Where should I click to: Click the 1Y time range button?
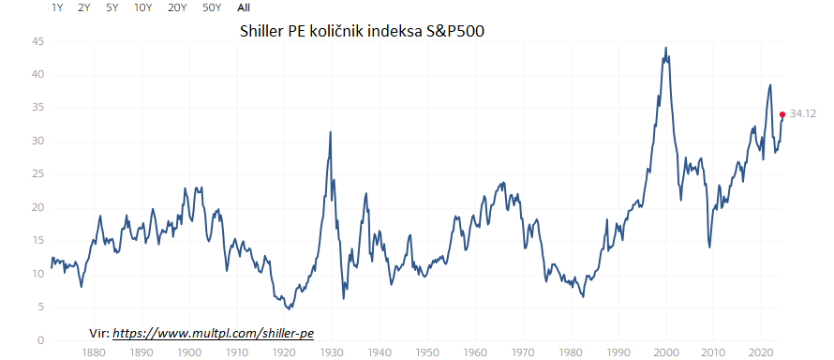(x=57, y=7)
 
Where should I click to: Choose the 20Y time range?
(x=176, y=7)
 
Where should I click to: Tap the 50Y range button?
(x=211, y=7)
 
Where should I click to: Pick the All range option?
(x=243, y=7)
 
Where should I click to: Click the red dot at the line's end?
(x=782, y=114)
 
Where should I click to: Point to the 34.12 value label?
(x=803, y=113)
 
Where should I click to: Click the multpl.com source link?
(x=213, y=332)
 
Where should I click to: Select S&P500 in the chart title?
(x=454, y=32)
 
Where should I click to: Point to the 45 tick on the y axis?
(x=38, y=41)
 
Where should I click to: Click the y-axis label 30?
(x=38, y=142)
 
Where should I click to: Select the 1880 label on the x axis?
(x=93, y=353)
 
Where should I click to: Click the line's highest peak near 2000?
(x=665, y=48)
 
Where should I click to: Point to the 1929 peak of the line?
(x=330, y=132)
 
